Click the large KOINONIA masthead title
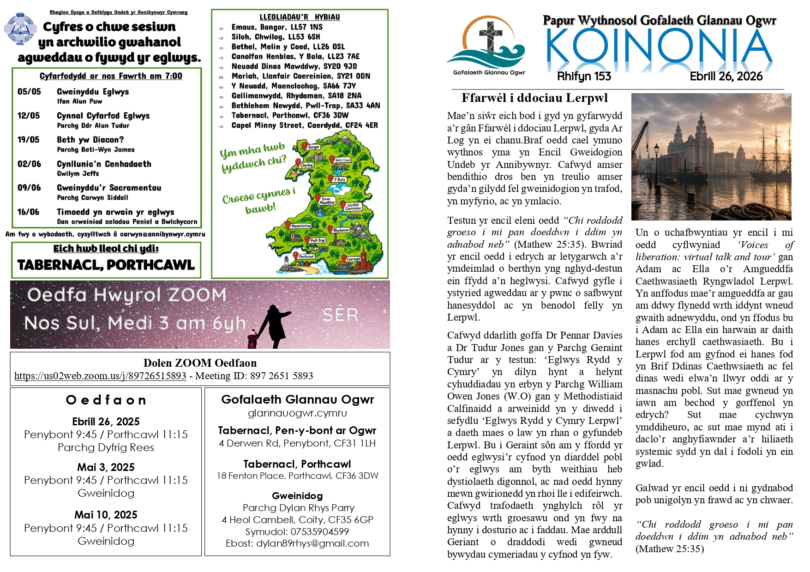pos(659,46)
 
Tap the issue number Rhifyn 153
pos(584,76)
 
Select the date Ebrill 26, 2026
pos(726,76)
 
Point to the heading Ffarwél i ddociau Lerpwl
pos(534,98)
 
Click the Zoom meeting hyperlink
pos(100,376)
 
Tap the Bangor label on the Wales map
pos(314,147)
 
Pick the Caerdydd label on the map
pos(353,259)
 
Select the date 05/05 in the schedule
pos(29,91)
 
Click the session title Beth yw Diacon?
pos(90,139)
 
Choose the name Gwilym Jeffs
pos(78,173)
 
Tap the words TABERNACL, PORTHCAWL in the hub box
pos(106,265)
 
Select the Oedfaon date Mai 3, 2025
pos(106,467)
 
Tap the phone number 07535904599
pos(319,531)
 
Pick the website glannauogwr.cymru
pos(297,413)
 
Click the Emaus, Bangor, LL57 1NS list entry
pos(277,27)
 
